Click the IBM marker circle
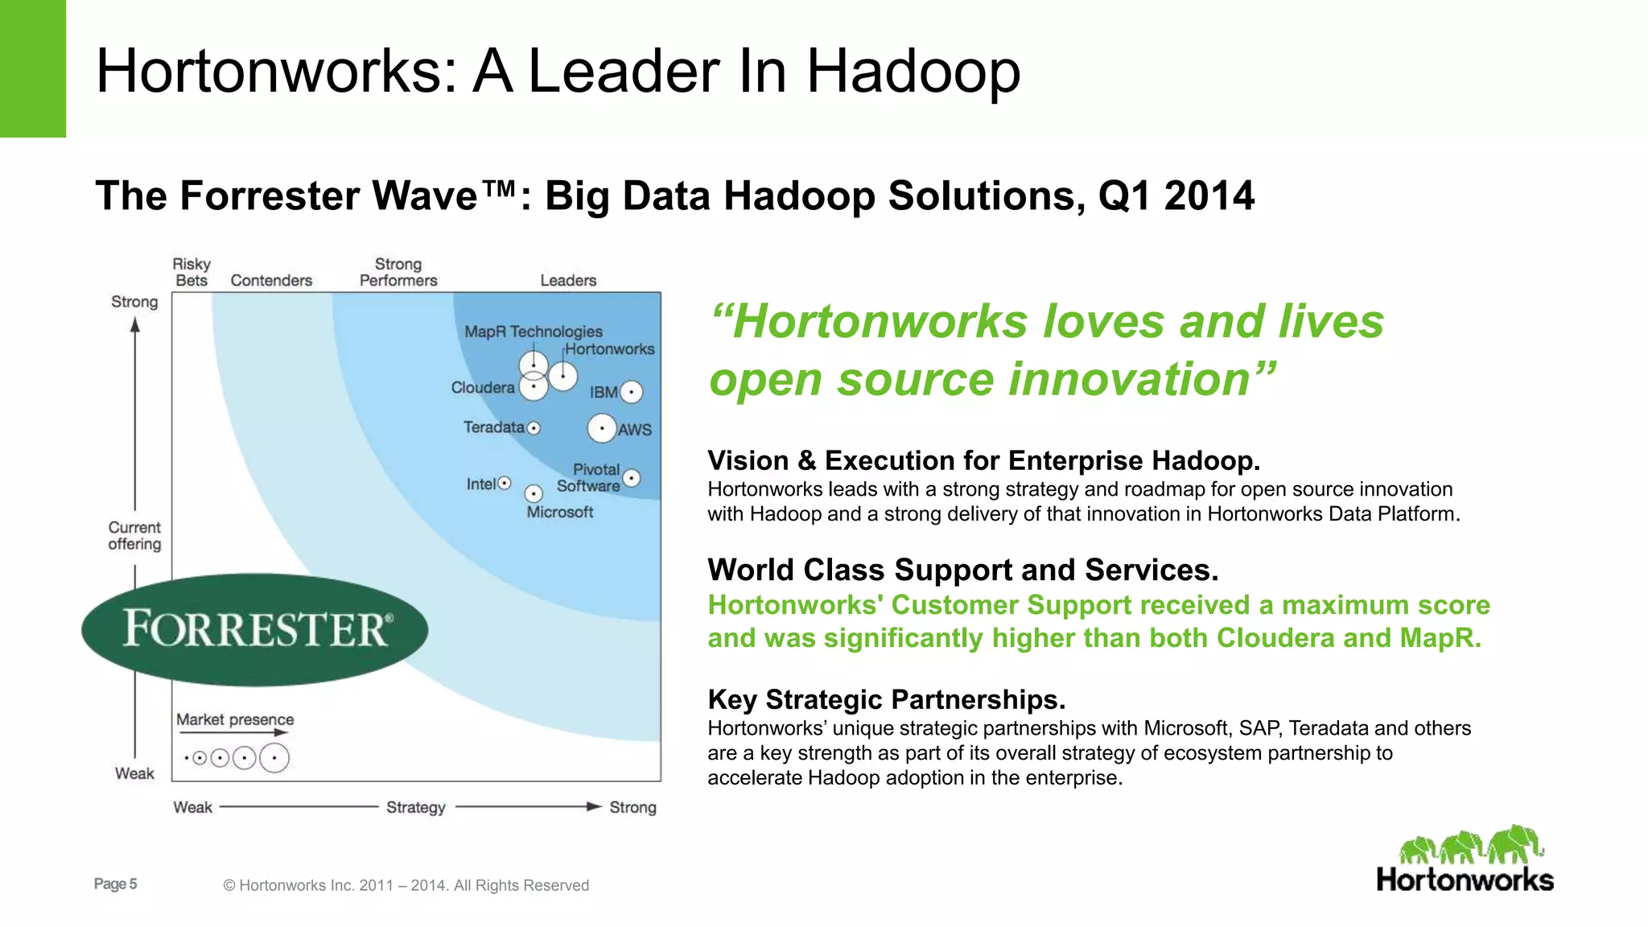click(632, 392)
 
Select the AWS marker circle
click(602, 428)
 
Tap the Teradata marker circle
click(534, 428)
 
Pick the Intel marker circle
click(505, 483)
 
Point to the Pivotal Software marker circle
click(632, 478)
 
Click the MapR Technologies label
click(533, 332)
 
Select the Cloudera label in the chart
click(482, 388)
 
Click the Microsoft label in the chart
click(559, 512)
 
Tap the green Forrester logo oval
click(254, 629)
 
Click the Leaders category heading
click(568, 280)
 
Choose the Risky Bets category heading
click(192, 272)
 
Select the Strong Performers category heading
click(398, 272)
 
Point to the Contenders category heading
click(271, 280)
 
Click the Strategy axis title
click(415, 807)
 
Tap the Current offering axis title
click(134, 536)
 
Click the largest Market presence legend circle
click(274, 758)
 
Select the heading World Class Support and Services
click(962, 570)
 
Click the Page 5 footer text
click(115, 884)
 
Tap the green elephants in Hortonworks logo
click(1471, 845)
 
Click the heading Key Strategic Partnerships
click(886, 699)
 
